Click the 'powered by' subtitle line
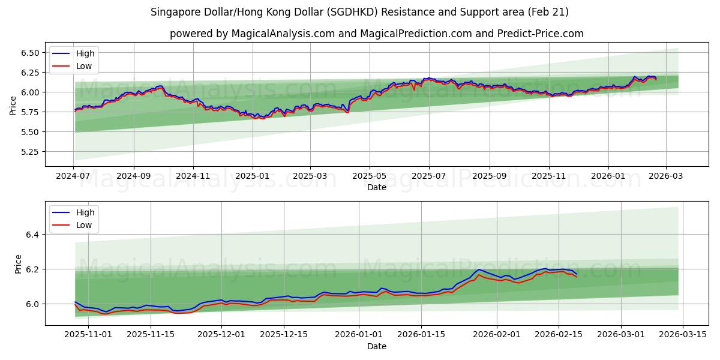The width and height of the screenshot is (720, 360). tap(376, 34)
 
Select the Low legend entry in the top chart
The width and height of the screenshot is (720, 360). tap(84, 66)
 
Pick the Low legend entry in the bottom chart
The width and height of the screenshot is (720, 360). tap(84, 225)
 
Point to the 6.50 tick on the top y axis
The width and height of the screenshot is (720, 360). tap(29, 53)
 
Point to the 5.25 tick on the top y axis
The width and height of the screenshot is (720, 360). tap(29, 152)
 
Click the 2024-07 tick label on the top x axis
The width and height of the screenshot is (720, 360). tap(74, 177)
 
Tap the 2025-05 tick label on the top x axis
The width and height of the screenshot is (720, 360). tap(370, 177)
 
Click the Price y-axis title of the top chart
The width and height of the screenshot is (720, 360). tap(13, 106)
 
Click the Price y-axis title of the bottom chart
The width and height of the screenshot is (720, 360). tap(18, 264)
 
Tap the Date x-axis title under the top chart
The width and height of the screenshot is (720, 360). tap(376, 188)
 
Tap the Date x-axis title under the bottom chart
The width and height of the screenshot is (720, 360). tap(376, 347)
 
